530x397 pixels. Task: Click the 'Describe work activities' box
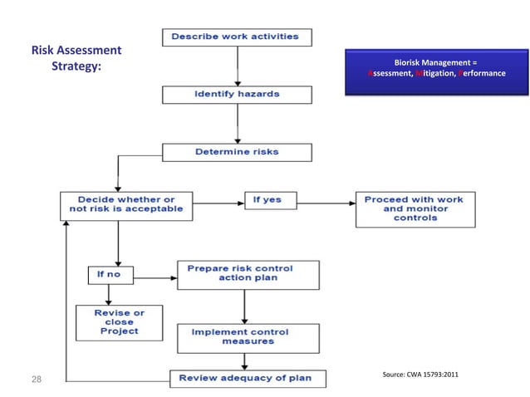coord(238,37)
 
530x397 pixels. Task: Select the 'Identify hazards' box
coord(237,95)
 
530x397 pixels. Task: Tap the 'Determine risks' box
coord(237,153)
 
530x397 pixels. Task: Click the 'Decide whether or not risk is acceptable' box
coord(126,206)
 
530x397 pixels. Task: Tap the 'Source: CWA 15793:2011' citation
coord(419,376)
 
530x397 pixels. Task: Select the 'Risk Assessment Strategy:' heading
coord(76,58)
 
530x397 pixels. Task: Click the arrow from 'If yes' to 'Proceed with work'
coord(321,200)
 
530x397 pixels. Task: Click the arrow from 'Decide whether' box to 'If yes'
coord(218,200)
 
